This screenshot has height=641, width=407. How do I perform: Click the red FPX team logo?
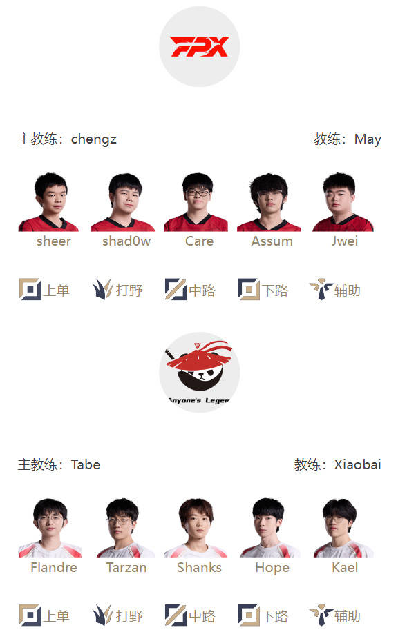click(x=200, y=46)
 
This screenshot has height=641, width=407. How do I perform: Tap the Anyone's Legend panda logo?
click(x=199, y=372)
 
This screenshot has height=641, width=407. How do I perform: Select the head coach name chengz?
click(x=94, y=139)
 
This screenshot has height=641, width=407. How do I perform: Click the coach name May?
click(x=368, y=139)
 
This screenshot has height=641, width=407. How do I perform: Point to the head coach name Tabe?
click(x=86, y=464)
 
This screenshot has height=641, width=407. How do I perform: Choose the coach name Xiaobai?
click(x=357, y=464)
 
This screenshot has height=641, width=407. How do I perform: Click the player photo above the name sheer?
click(x=49, y=202)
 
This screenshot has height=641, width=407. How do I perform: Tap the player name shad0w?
click(x=126, y=241)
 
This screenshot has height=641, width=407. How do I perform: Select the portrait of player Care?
click(x=196, y=202)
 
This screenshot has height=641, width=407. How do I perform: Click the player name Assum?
click(x=272, y=241)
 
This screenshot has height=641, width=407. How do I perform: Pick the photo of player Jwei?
click(x=343, y=202)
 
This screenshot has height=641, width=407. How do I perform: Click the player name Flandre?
click(x=54, y=567)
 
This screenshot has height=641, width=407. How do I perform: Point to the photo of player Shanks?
click(x=196, y=528)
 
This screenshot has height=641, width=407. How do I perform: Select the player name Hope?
click(x=272, y=568)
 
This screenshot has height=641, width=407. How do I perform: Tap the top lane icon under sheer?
click(x=30, y=289)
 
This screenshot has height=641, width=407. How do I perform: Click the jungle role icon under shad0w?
click(x=103, y=289)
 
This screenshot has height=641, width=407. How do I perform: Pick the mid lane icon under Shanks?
click(x=176, y=615)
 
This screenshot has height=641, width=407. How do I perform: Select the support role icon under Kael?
click(x=321, y=615)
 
